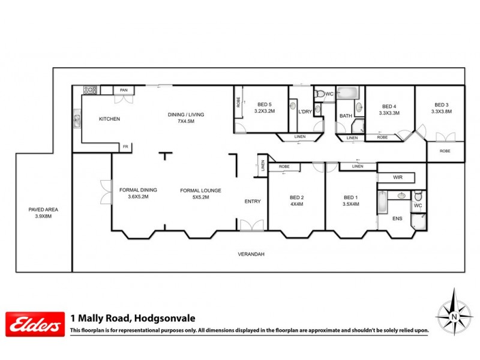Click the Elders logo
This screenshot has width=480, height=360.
[35, 324]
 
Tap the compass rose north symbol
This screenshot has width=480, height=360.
[454, 314]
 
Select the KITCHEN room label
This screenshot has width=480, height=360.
[110, 119]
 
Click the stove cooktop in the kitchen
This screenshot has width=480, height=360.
[90, 90]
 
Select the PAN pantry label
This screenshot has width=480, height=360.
[124, 90]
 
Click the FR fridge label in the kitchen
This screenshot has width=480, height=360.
[125, 146]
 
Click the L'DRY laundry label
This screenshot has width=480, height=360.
[305, 112]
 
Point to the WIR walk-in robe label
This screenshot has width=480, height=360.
[397, 178]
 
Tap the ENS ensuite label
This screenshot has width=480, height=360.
[397, 218]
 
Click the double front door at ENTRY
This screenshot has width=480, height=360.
[251, 226]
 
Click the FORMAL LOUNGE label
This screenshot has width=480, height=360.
[200, 190]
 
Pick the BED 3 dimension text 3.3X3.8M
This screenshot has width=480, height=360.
[441, 112]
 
